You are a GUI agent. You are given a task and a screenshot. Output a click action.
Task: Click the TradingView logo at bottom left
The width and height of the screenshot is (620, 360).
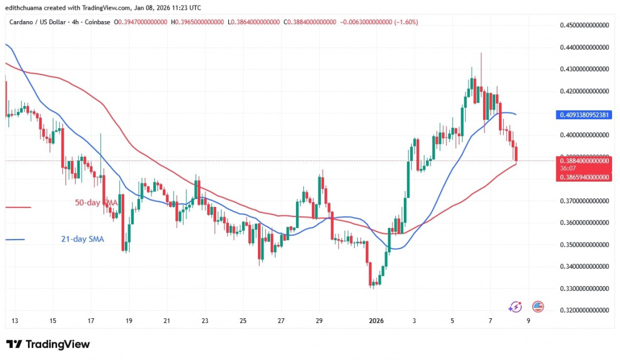click(x=48, y=344)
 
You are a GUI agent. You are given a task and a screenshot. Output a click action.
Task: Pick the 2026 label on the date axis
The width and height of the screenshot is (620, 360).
click(x=376, y=320)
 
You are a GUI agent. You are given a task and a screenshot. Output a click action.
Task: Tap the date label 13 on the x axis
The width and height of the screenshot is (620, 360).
click(x=15, y=320)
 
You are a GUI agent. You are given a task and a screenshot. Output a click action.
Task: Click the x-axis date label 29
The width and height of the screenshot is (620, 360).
click(x=320, y=320)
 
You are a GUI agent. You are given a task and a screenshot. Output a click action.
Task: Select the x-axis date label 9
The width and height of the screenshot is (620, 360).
click(x=528, y=320)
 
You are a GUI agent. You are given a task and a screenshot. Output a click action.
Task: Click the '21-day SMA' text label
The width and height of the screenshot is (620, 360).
click(x=82, y=240)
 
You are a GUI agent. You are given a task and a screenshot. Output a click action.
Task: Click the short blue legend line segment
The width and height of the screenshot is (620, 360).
click(x=15, y=240)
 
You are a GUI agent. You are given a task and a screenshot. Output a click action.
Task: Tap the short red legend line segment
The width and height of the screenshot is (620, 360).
click(x=18, y=208)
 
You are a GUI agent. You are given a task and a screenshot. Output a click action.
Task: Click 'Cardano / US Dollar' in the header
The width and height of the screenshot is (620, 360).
click(x=40, y=22)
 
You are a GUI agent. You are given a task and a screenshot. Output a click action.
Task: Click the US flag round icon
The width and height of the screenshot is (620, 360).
click(x=537, y=307)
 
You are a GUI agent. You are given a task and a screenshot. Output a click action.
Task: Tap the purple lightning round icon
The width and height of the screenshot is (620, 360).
click(x=515, y=307)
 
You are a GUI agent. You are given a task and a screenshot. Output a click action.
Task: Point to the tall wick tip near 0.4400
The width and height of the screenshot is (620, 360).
click(x=481, y=53)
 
